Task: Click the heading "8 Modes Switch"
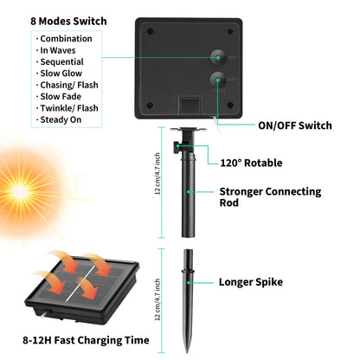tap(68, 21)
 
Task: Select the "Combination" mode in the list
tap(66, 39)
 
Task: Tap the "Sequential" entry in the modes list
tap(61, 62)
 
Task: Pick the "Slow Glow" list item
tap(61, 74)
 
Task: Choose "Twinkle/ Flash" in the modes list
tap(69, 108)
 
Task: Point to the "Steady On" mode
tap(61, 119)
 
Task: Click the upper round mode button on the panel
tap(218, 57)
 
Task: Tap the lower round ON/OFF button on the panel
tap(218, 80)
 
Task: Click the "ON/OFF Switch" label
tap(295, 125)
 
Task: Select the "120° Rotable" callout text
tap(251, 163)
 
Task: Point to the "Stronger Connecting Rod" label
tap(270, 197)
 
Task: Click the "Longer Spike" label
tap(251, 282)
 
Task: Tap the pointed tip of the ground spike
tap(187, 352)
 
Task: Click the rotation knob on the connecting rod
tap(177, 147)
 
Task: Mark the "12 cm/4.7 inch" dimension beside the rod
tap(157, 174)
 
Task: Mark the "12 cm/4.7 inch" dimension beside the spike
tap(157, 299)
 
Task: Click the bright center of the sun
tap(20, 191)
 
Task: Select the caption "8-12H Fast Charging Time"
tap(86, 340)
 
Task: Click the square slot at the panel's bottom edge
tap(190, 106)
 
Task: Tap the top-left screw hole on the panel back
tap(150, 31)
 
